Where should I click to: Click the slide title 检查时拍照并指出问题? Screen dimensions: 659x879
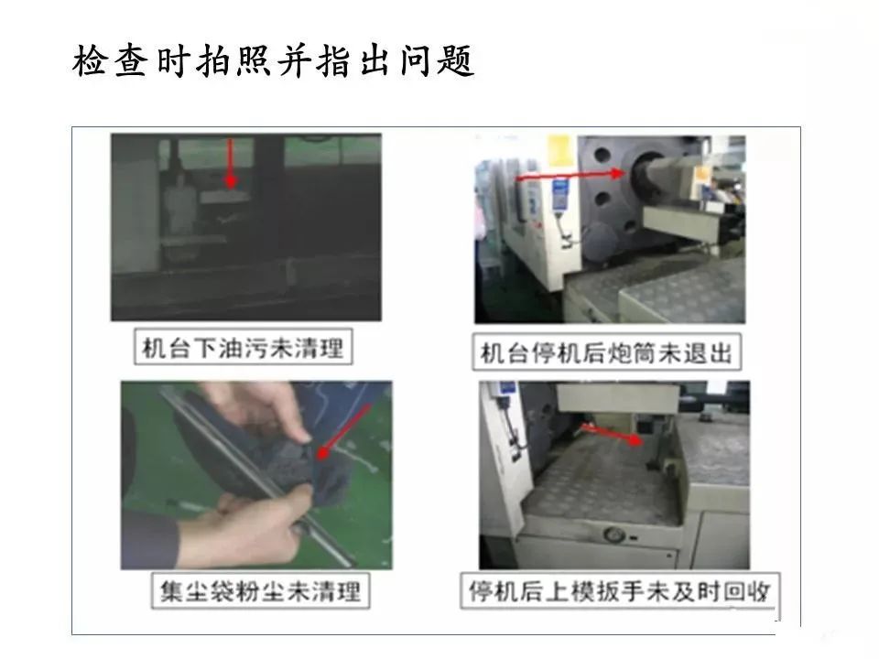point(274,60)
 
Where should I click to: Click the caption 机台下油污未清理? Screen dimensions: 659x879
point(243,348)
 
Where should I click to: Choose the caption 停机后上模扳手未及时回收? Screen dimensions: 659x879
point(614,590)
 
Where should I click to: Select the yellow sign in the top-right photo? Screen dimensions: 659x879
point(559,150)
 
